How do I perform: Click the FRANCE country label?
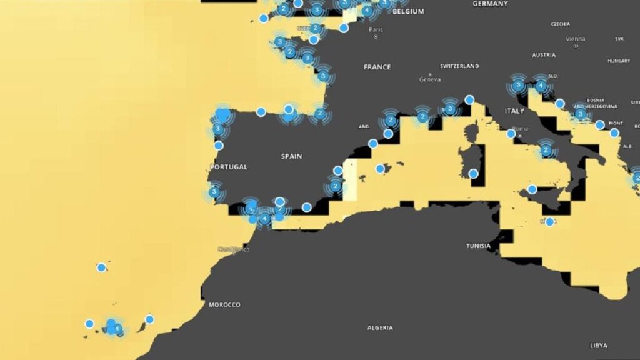(x=377, y=66)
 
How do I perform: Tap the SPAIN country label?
(x=291, y=156)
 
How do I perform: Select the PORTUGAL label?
(x=229, y=167)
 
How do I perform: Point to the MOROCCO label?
(x=224, y=304)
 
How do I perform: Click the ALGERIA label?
(x=380, y=327)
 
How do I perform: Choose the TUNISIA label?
(x=478, y=246)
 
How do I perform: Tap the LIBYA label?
(x=598, y=345)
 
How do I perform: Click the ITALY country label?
(x=514, y=111)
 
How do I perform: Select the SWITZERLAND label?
(x=459, y=66)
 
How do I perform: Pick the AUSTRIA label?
(x=544, y=54)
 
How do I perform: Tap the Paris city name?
(x=376, y=29)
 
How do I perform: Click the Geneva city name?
(x=430, y=79)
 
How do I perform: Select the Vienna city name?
(x=575, y=39)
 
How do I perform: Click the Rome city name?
(x=521, y=129)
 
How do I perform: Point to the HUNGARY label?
(x=618, y=61)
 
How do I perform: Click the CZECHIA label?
(x=560, y=24)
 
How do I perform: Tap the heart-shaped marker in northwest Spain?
(x=222, y=115)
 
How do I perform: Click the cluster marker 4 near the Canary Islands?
(x=117, y=328)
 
